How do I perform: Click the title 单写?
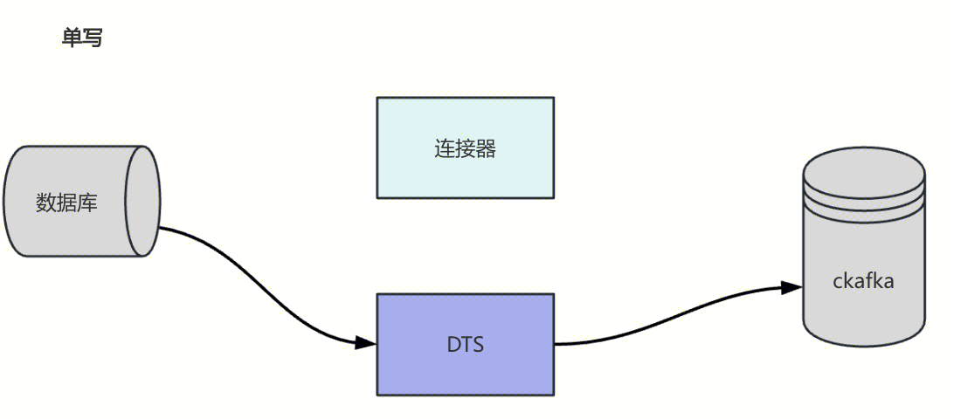coord(82,38)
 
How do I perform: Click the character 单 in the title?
coord(72,38)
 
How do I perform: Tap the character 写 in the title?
coord(93,38)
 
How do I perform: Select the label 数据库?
coord(66,203)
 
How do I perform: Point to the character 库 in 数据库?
coord(87,203)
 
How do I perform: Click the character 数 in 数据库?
coord(45,203)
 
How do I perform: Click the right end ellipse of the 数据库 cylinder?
coord(143,202)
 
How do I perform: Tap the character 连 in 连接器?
coord(444,148)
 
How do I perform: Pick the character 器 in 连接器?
coord(486,148)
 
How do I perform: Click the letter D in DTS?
coord(452,344)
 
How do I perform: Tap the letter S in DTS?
coord(477,344)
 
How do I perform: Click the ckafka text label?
coord(863,282)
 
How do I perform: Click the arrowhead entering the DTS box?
coord(366,343)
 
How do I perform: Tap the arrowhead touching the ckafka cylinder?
coord(792,287)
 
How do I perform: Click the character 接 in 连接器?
coord(465,148)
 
